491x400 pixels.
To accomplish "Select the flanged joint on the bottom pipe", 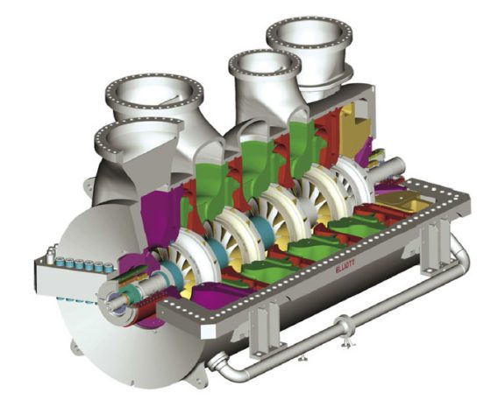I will pos(345,328).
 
